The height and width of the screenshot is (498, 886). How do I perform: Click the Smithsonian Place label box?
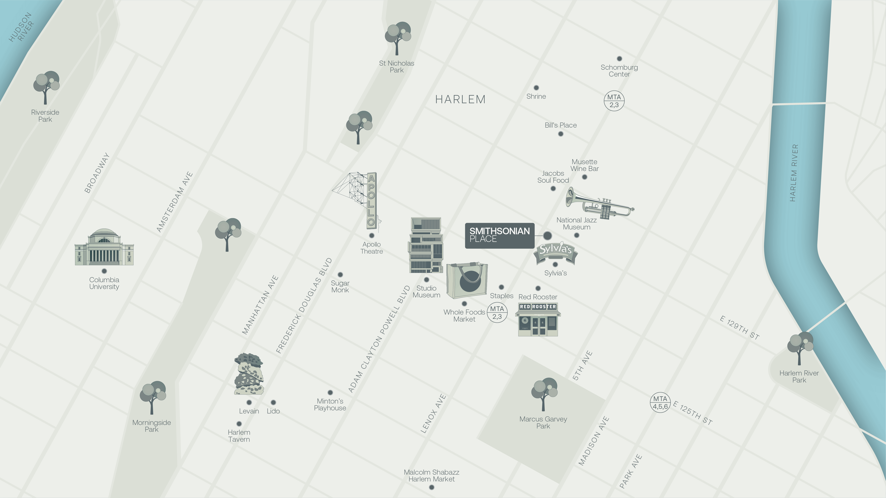(x=499, y=235)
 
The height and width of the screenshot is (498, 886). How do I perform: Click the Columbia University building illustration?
(x=104, y=248)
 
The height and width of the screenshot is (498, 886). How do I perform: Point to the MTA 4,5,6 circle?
(x=660, y=402)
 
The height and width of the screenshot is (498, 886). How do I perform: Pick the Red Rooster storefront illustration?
(x=538, y=319)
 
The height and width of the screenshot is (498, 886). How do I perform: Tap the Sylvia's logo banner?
(x=555, y=253)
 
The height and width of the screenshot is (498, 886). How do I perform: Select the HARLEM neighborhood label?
(x=460, y=99)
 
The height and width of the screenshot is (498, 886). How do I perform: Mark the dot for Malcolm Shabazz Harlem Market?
(x=432, y=487)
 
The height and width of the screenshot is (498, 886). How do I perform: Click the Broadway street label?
(x=97, y=173)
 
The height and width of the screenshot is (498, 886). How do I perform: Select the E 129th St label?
(x=739, y=328)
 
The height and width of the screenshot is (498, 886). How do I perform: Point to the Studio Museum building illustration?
(x=426, y=245)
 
